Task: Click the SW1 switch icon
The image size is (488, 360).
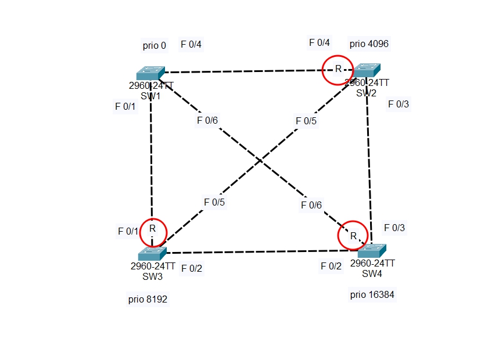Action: click(151, 73)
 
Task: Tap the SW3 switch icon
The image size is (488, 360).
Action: click(152, 254)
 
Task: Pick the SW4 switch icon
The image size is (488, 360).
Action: click(372, 251)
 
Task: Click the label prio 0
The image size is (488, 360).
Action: click(154, 45)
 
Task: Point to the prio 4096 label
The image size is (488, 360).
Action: click(369, 44)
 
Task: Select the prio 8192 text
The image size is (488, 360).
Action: click(152, 300)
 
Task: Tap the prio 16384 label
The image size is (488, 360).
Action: click(372, 295)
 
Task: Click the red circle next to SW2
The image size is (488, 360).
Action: click(338, 70)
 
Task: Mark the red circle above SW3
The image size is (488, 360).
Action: click(152, 232)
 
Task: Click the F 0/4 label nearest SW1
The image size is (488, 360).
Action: click(191, 44)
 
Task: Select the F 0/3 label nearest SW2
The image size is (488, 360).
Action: click(399, 105)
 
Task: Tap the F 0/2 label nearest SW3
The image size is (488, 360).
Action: click(192, 268)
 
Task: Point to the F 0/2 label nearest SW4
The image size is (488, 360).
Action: click(331, 266)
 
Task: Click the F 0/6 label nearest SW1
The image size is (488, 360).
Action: click(207, 121)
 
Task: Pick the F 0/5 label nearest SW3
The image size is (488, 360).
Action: click(214, 202)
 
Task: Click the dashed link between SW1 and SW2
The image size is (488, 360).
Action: click(244, 71)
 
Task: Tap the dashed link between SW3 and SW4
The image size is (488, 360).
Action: click(261, 252)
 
